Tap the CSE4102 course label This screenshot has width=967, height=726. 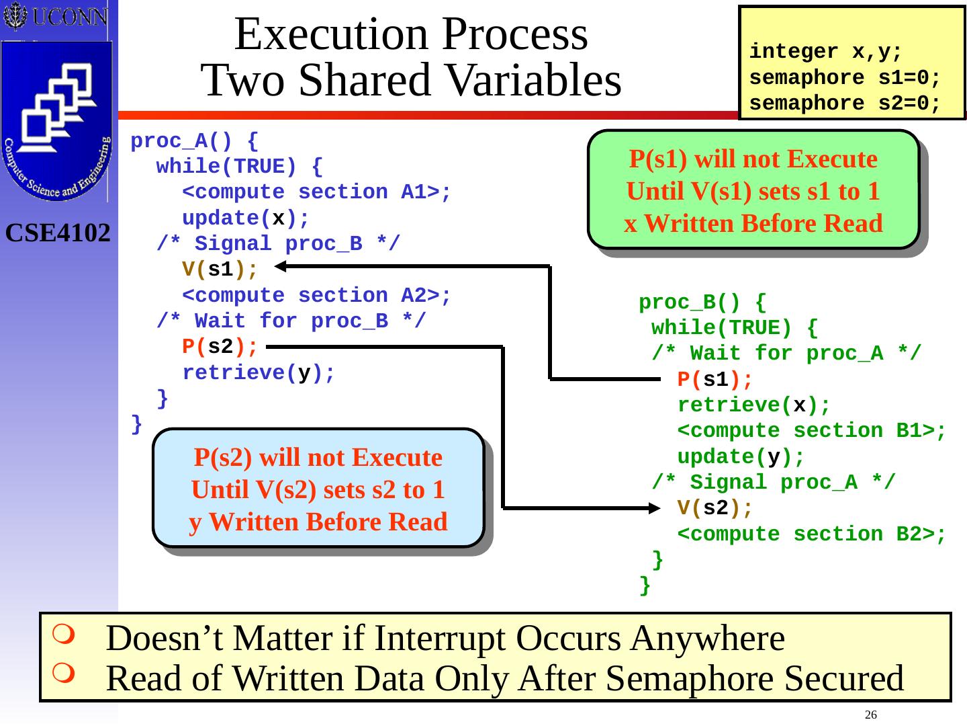point(58,233)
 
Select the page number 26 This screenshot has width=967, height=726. point(871,714)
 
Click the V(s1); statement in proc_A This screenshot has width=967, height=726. point(220,270)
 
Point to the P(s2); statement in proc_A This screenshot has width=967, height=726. point(220,347)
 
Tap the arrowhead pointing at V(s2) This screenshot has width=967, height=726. point(655,508)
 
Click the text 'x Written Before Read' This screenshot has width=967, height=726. point(753,224)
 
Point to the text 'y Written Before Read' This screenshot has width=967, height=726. point(318,522)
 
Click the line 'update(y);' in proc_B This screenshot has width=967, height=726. point(741,457)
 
